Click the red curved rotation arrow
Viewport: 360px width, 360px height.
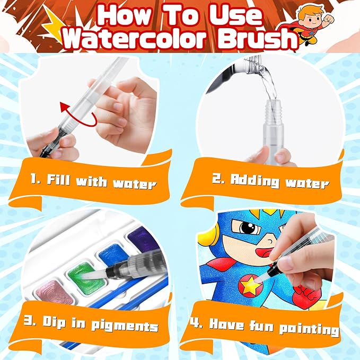pos(78,115)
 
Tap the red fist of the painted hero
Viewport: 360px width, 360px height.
pos(305,296)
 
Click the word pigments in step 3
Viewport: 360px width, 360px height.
pos(125,326)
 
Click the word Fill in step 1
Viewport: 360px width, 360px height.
pos(58,179)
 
